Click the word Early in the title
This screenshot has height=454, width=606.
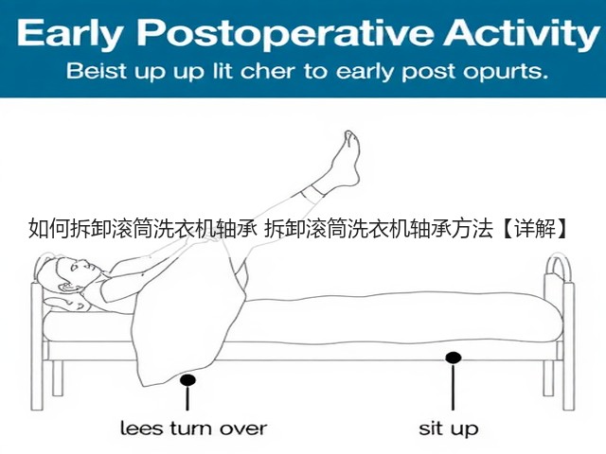pos(68,33)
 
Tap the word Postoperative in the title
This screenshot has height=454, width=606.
pos(285,33)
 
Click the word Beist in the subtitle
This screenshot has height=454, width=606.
pos(97,71)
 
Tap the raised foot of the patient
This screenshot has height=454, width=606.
pos(346,159)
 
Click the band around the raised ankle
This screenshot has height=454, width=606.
pos(312,195)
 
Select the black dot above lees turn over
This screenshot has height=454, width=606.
pos(187,380)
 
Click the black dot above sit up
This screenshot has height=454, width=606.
pos(453,358)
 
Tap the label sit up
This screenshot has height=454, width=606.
pos(449,428)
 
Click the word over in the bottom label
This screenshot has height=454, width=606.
pos(243,428)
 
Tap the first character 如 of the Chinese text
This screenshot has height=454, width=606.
pos(38,229)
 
